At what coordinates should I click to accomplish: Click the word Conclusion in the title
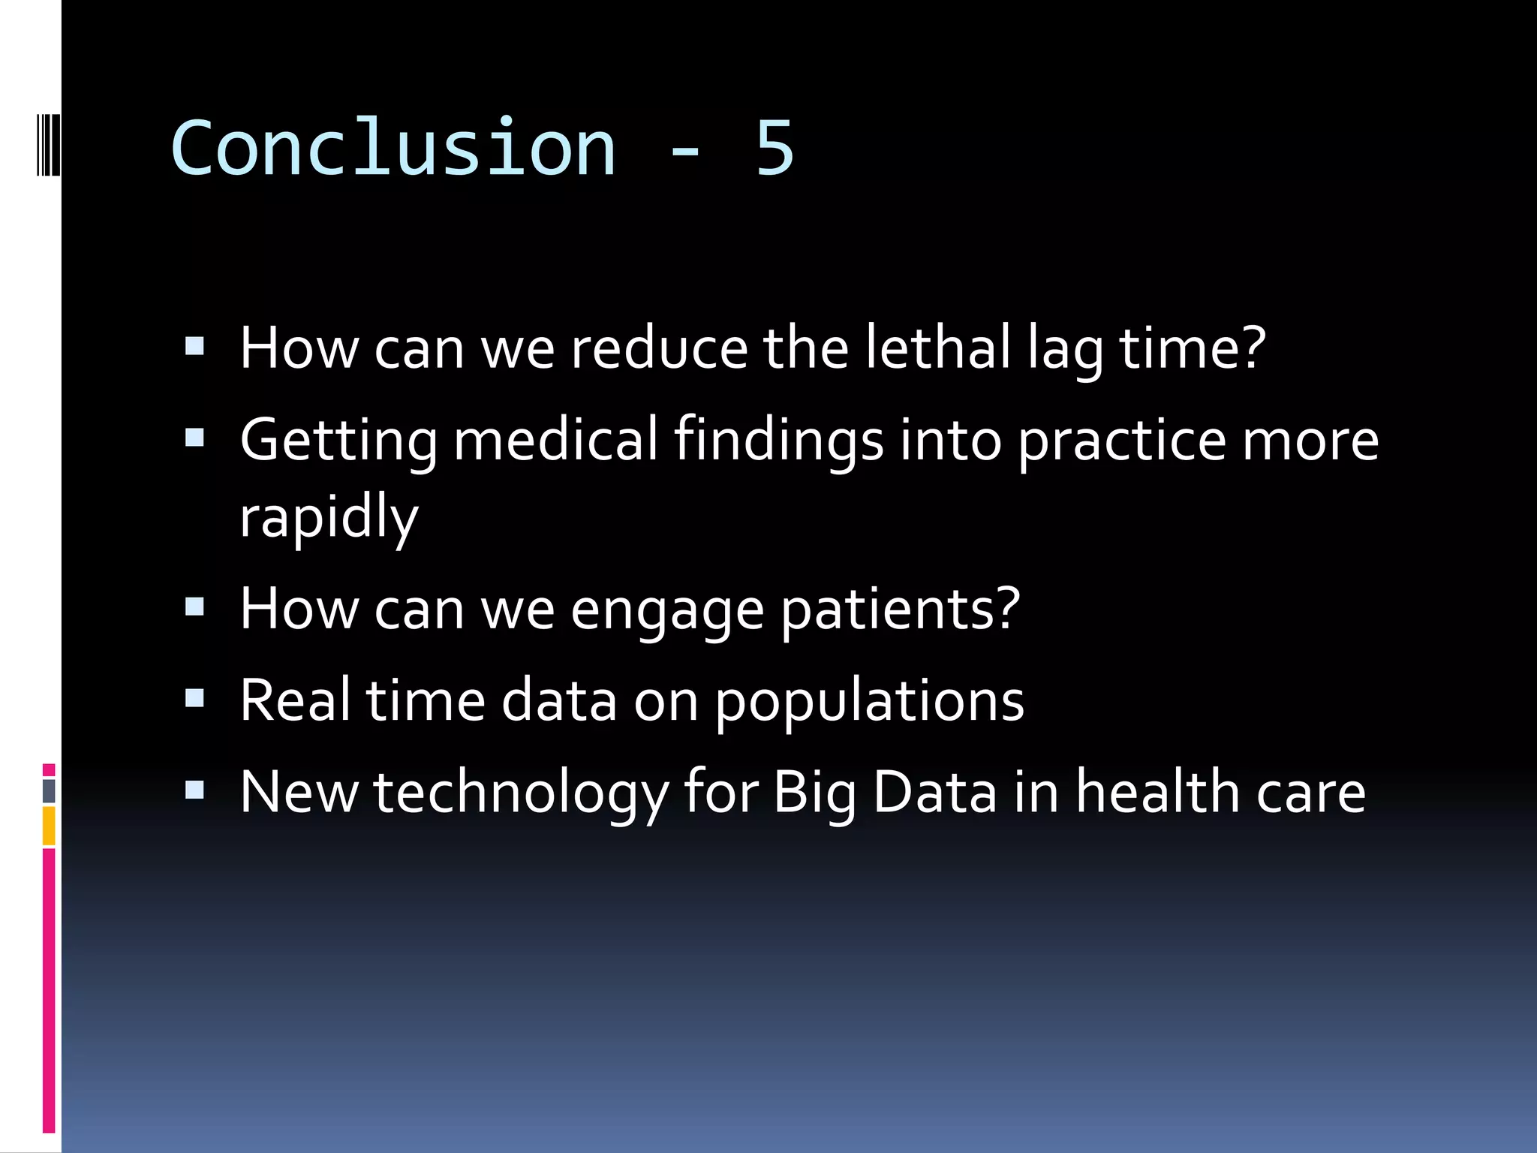[393, 148]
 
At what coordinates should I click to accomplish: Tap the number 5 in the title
[774, 148]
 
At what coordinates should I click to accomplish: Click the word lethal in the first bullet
[938, 348]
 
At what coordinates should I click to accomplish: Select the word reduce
[659, 348]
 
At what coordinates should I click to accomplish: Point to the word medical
[555, 440]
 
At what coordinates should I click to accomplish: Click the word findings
[778, 441]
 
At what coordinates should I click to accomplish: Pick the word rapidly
[329, 518]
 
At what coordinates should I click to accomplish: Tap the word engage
[667, 610]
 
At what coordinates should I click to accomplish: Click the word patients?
[900, 610]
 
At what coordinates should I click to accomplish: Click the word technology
[521, 793]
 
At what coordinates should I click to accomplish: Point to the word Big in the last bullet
[814, 793]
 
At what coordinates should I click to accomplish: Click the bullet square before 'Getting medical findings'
[194, 438]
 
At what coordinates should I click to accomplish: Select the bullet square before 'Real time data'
[194, 699]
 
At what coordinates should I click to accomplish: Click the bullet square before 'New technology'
[194, 790]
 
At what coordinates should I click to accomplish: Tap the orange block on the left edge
[49, 826]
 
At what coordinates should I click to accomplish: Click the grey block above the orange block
[49, 790]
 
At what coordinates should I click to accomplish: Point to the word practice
[1121, 441]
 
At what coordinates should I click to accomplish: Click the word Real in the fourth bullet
[295, 700]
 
